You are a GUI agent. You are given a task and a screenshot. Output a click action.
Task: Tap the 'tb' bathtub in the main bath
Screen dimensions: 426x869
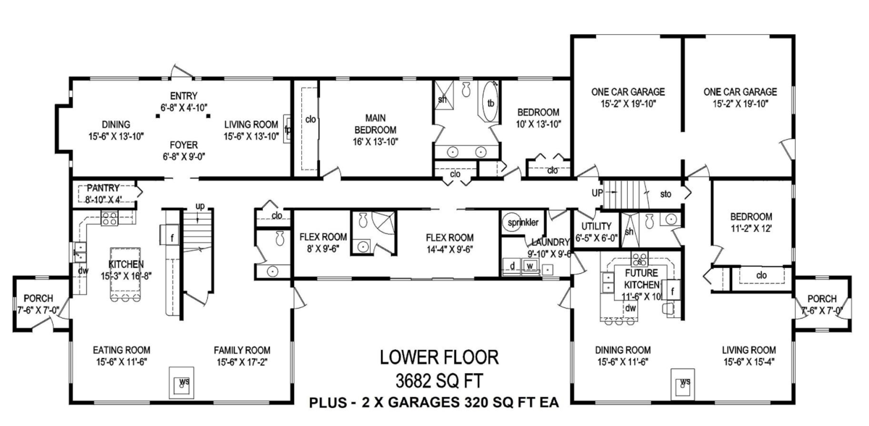(x=490, y=103)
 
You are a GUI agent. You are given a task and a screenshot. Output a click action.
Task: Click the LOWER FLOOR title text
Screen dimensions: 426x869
(x=440, y=357)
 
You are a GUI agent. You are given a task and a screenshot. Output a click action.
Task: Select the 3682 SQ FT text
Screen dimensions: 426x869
(x=440, y=379)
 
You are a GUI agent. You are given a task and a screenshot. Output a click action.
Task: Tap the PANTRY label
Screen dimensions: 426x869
(x=103, y=188)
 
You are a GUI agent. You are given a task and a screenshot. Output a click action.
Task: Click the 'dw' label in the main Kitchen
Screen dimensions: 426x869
(x=83, y=270)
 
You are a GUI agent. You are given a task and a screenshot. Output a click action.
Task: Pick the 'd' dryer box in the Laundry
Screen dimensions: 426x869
(x=513, y=267)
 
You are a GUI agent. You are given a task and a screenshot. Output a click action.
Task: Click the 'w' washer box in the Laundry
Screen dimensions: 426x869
(x=529, y=267)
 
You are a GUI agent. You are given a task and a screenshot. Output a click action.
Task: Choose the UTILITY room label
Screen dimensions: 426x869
(x=596, y=226)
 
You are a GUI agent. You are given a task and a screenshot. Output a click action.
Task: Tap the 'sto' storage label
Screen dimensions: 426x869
(x=666, y=194)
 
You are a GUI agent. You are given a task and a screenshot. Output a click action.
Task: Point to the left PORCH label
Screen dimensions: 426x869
(x=34, y=298)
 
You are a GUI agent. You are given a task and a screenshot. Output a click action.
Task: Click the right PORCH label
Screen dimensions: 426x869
(x=821, y=298)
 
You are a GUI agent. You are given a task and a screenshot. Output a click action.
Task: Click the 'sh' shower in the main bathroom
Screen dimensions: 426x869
(x=442, y=99)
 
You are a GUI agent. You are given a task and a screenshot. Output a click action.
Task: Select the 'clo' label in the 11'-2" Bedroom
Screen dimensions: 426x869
(x=761, y=275)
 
